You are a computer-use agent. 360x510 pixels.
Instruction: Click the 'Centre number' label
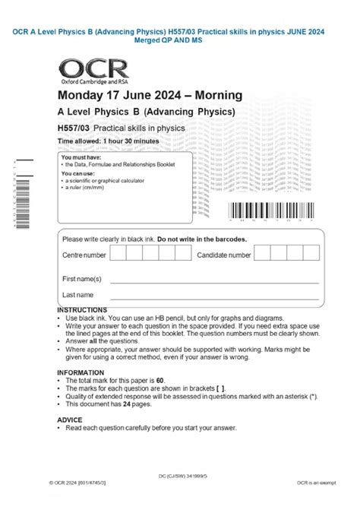pyautogui.click(x=84, y=255)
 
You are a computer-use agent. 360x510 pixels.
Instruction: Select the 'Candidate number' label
pyautogui.click(x=224, y=255)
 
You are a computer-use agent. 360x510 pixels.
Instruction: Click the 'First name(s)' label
pyautogui.click(x=82, y=279)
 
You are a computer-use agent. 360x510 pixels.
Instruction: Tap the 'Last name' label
pyautogui.click(x=78, y=294)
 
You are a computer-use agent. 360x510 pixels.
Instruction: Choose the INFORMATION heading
pyautogui.click(x=80, y=372)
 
